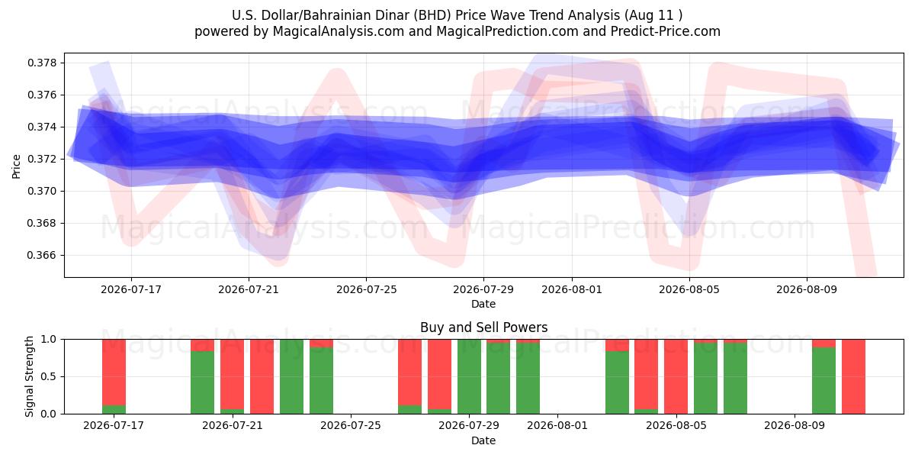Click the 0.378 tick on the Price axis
[x=43, y=63]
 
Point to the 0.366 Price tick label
[x=43, y=256]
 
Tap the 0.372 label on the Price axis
[x=43, y=159]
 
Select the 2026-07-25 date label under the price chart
[x=367, y=289]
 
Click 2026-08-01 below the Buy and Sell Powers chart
[x=557, y=425]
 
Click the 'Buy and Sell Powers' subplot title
[x=483, y=327]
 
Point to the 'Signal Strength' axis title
[x=29, y=376]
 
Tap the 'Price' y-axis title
[x=16, y=166]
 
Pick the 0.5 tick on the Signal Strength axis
[x=49, y=376]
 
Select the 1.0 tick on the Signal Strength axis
[x=49, y=340]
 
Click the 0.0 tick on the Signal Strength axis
[x=49, y=414]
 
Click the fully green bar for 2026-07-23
[x=291, y=376]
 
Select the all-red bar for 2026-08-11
[x=853, y=376]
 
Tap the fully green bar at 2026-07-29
[x=469, y=376]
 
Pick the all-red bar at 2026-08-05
[x=676, y=376]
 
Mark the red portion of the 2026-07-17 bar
[x=114, y=373]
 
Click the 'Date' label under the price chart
[x=483, y=305]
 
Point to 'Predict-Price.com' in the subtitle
[x=666, y=31]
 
